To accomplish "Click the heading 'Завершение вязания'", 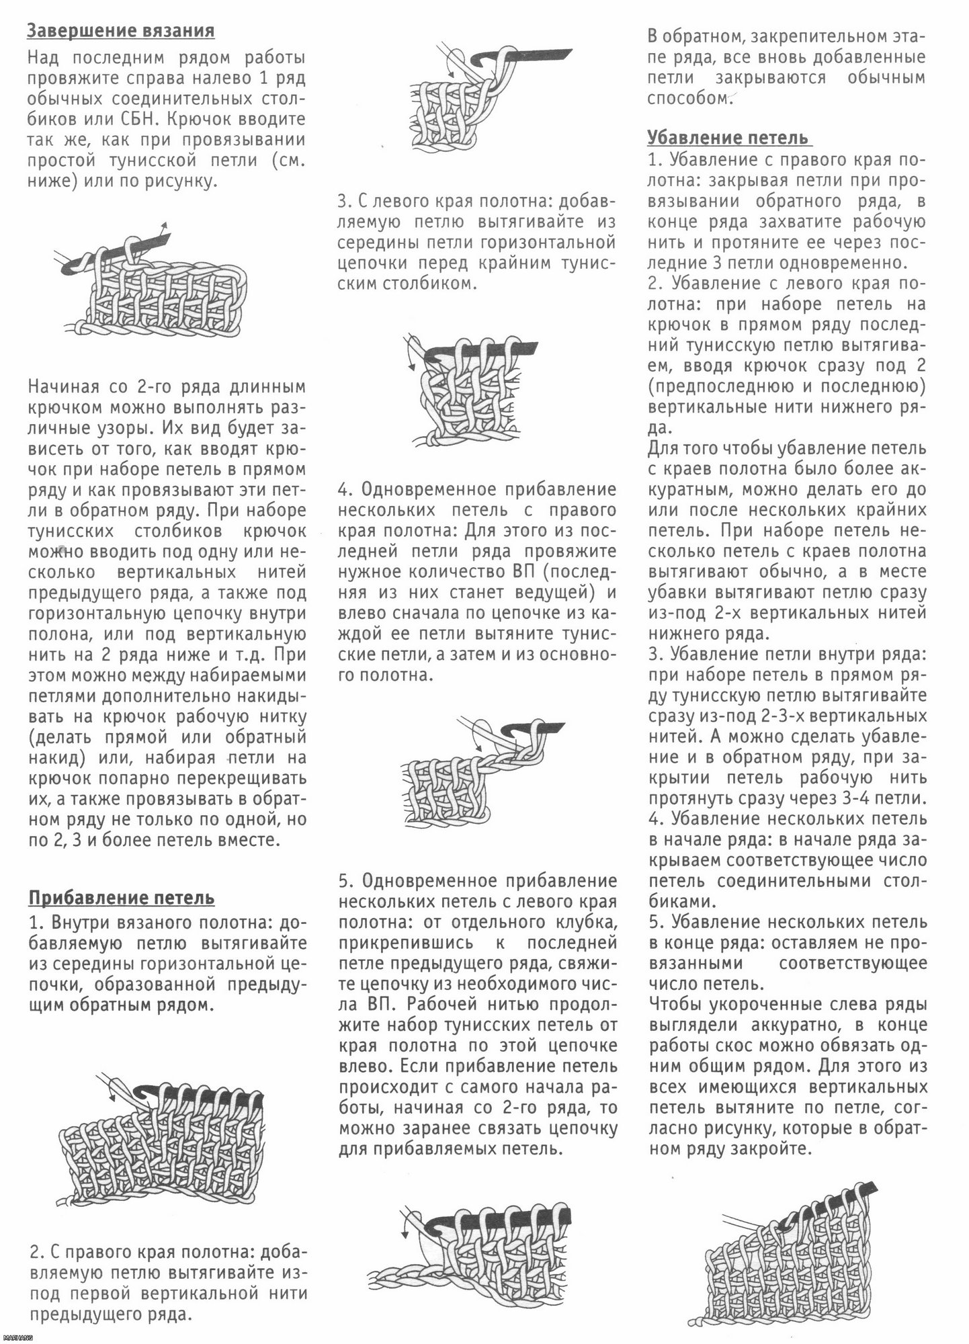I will click(121, 31).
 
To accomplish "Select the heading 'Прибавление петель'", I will click(121, 898).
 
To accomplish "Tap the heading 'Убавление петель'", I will click(728, 138).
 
